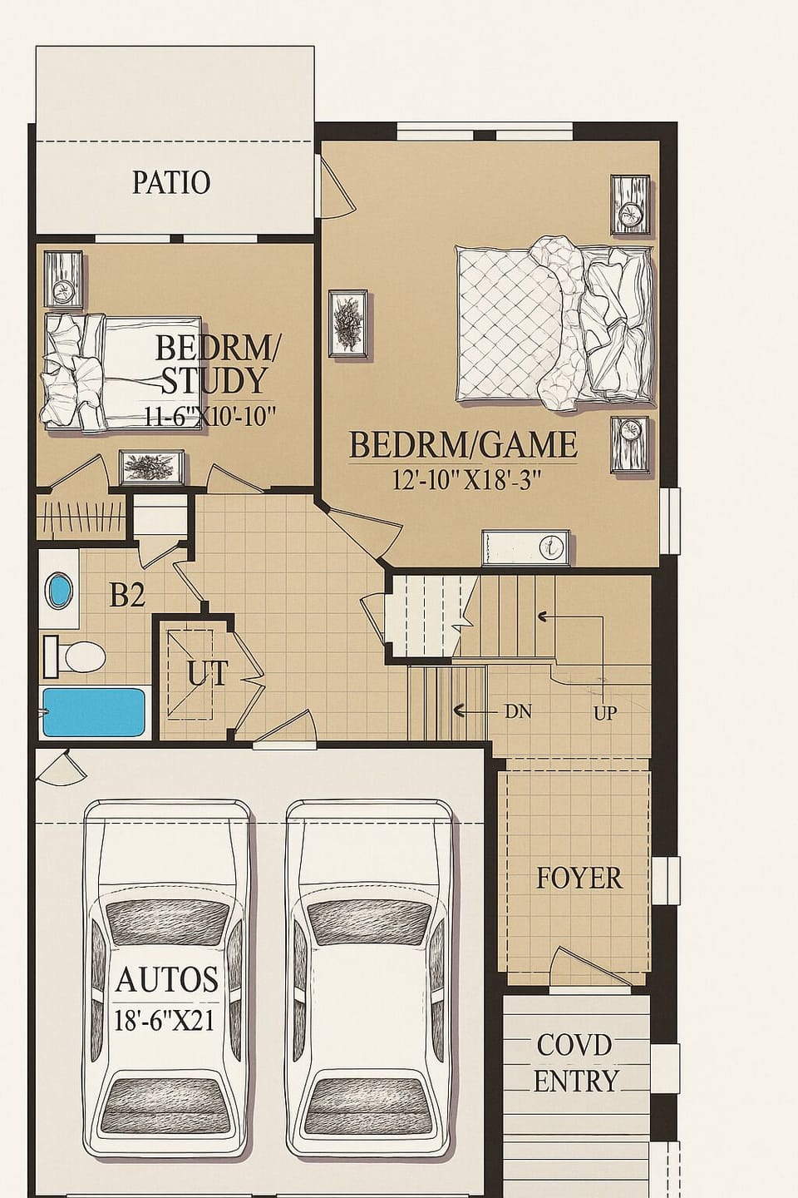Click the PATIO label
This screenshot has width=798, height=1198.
(171, 181)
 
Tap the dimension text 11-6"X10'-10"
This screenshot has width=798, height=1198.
(209, 416)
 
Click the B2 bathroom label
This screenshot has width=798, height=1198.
(127, 595)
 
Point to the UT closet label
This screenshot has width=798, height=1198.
(206, 674)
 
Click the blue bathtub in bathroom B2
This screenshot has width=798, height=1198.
(93, 713)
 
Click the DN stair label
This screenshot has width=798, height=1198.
(517, 711)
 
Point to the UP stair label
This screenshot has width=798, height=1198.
(605, 713)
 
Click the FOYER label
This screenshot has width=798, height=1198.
(579, 879)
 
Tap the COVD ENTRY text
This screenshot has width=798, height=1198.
(575, 1062)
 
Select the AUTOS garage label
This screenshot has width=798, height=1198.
(167, 979)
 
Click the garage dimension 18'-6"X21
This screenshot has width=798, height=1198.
(165, 1020)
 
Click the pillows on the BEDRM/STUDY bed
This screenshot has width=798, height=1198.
(73, 372)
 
